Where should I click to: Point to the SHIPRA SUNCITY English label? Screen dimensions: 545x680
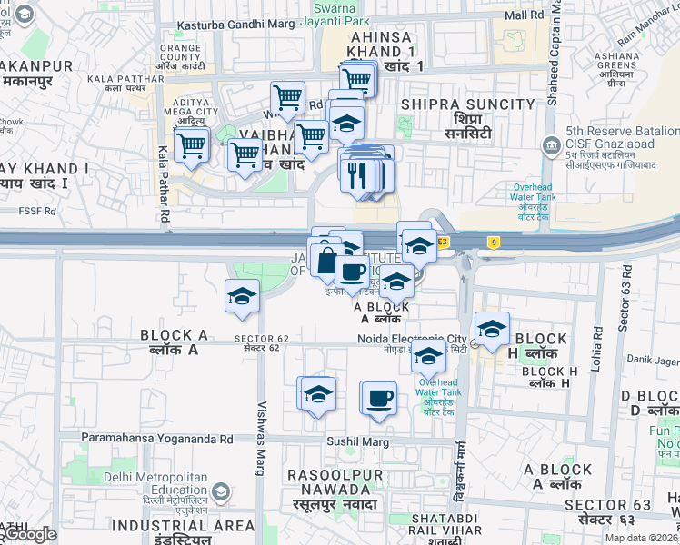467,105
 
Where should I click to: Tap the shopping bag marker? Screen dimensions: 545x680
326,258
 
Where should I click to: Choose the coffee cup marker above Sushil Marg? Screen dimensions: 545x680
379,397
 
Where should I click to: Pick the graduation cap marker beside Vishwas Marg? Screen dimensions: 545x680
242,296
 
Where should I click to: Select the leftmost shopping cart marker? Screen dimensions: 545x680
192,144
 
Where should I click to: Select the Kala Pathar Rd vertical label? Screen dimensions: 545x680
164,185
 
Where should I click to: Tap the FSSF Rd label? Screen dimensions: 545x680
37,212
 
